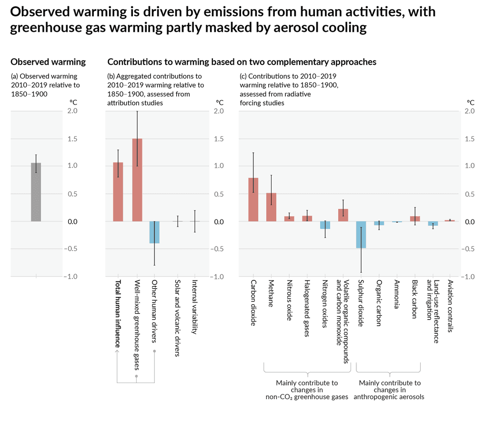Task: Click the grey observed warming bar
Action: click(36, 192)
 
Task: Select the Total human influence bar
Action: click(118, 192)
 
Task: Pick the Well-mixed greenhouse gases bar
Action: click(137, 180)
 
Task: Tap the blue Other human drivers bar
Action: click(154, 232)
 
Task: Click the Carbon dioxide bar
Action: click(253, 199)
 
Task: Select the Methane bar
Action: click(271, 207)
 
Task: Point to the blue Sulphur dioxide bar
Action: click(361, 235)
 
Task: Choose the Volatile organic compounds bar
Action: click(343, 215)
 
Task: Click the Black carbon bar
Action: click(415, 219)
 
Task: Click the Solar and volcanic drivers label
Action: click(177, 318)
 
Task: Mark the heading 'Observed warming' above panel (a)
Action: click(48, 62)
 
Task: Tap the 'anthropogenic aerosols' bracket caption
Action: click(389, 397)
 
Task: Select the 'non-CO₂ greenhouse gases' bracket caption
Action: click(307, 397)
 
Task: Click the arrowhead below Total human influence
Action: click(118, 352)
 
